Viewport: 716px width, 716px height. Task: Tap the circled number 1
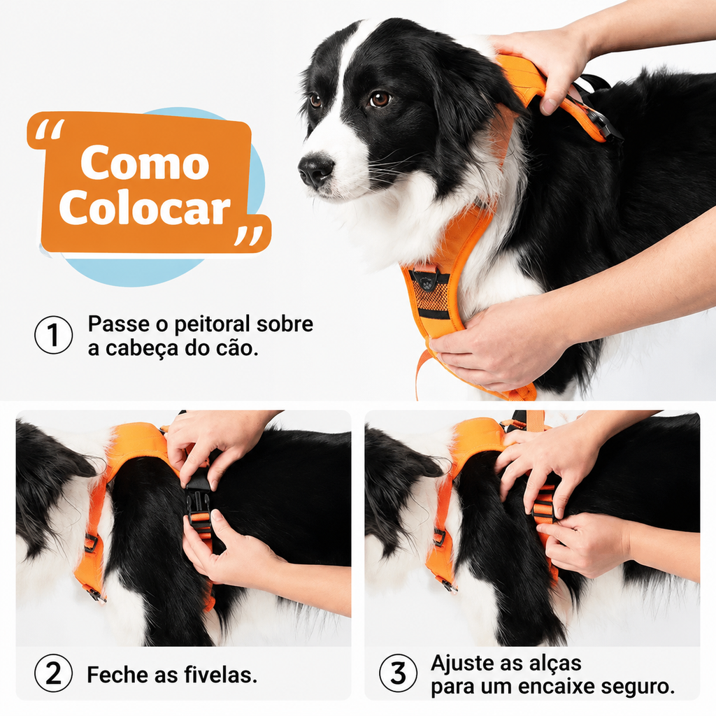click(x=53, y=335)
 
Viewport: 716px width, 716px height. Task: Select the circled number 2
click(x=53, y=673)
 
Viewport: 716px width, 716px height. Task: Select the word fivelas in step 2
click(x=220, y=675)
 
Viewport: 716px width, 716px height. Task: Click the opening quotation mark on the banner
click(x=50, y=130)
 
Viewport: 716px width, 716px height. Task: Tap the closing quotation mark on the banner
click(x=248, y=236)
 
